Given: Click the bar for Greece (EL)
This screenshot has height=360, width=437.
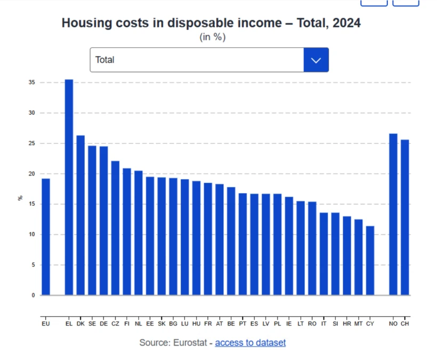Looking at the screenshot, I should tap(69, 187).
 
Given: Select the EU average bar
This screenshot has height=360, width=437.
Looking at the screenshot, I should tap(46, 237).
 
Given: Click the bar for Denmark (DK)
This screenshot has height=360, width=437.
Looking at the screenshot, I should tap(80, 215).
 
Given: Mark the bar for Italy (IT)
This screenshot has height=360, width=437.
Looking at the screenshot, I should tap(324, 254).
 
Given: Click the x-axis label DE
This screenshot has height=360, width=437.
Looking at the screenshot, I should tap(103, 324).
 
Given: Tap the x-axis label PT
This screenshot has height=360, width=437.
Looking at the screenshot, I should tap(242, 324).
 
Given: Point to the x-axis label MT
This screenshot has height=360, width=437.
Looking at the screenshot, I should tap(359, 324).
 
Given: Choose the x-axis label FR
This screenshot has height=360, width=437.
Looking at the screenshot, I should tap(208, 324).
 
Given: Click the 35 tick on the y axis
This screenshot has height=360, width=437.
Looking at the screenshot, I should tap(32, 83).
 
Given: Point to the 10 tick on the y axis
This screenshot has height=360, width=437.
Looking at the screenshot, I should tap(32, 235).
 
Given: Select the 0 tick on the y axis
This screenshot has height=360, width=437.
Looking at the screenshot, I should tap(33, 295).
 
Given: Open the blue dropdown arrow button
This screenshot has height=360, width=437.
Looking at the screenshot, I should tap(316, 60).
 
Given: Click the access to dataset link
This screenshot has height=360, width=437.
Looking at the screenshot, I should tap(250, 342).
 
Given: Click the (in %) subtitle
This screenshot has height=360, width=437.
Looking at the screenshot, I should tap(212, 37).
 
